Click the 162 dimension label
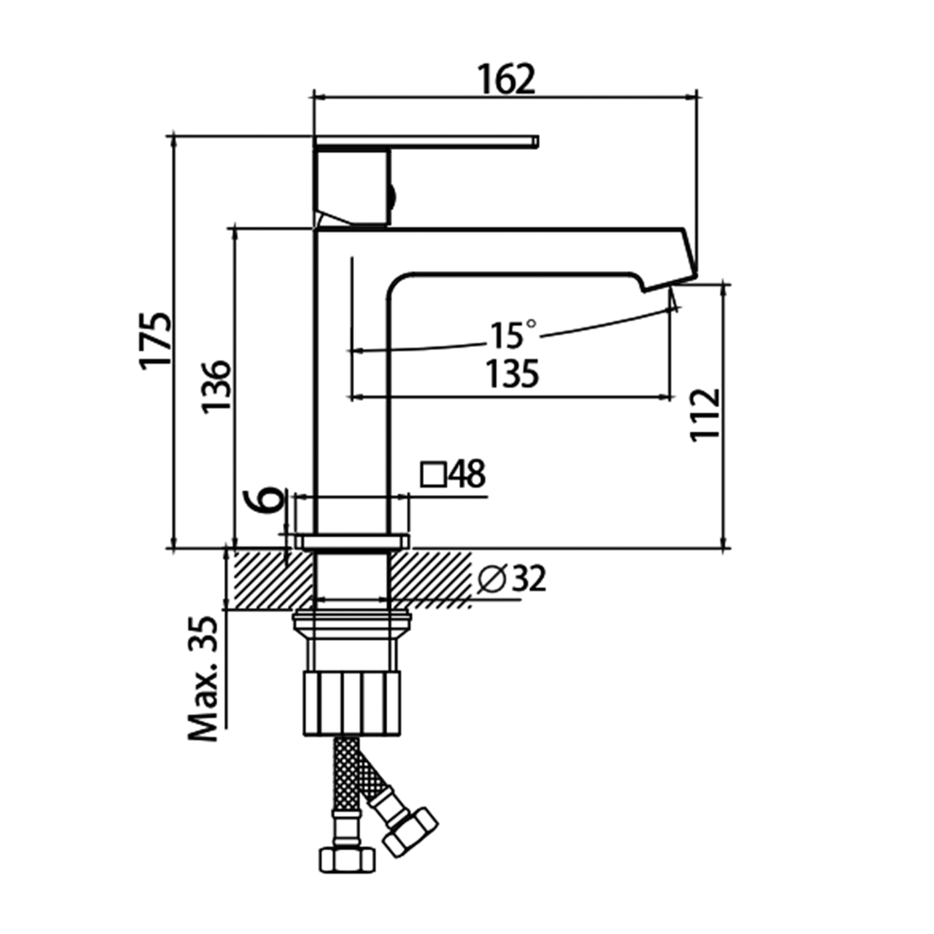tap(506, 79)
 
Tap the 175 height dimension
tap(154, 341)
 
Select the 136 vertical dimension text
tap(216, 385)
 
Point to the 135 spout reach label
tap(512, 375)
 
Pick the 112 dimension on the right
tap(705, 415)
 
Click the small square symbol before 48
tap(433, 474)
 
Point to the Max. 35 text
tap(204, 679)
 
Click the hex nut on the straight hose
tap(347, 860)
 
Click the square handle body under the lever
tap(352, 187)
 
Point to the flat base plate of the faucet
tap(353, 541)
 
